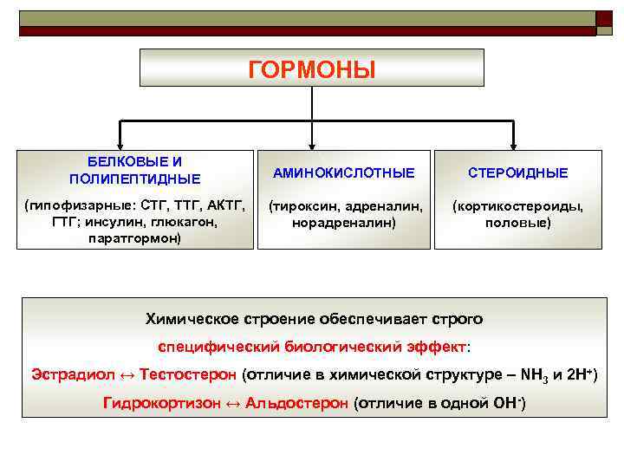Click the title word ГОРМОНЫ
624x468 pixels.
coord(312,70)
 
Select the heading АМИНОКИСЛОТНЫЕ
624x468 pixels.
coord(344,173)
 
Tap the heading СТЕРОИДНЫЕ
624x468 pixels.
coord(518,173)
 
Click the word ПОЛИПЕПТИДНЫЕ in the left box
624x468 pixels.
coord(134,179)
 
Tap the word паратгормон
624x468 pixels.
coord(133,237)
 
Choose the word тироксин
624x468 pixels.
coord(306,207)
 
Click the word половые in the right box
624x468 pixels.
coord(518,223)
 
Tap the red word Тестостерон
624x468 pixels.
coord(188,375)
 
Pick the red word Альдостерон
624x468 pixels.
coord(297,403)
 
